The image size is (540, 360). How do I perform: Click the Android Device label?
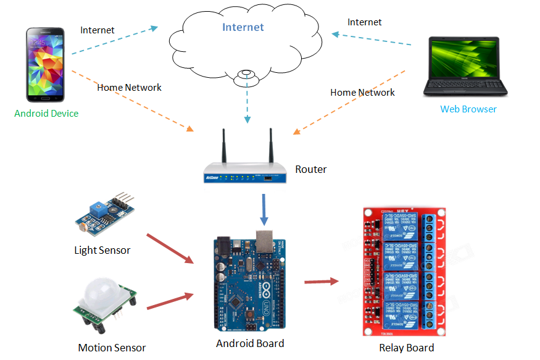[x=46, y=113]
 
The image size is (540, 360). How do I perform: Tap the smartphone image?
[x=45, y=64]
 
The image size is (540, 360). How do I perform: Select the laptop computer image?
[x=465, y=66]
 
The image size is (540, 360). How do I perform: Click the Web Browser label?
[x=468, y=109]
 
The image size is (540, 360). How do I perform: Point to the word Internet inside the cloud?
[x=243, y=27]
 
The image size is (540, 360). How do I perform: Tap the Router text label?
[x=310, y=169]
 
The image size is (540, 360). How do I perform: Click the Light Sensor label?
[x=102, y=250]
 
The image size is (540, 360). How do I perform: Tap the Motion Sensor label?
[x=112, y=348]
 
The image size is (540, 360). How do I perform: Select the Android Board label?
[x=250, y=343]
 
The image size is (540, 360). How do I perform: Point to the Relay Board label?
[x=406, y=348]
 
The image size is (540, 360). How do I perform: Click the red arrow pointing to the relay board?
[x=322, y=282]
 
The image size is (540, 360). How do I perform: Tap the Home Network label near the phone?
[x=129, y=88]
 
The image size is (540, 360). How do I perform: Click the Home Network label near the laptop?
[x=362, y=93]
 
